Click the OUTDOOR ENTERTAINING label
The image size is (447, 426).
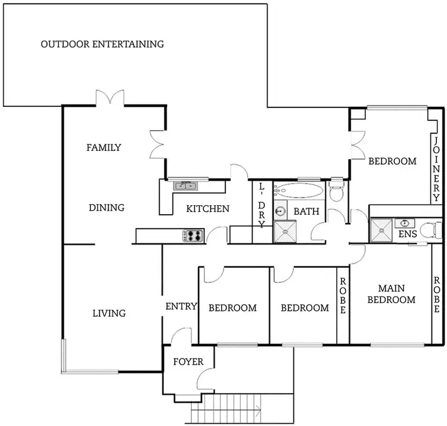[102, 44]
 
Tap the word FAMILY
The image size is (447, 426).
[104, 147]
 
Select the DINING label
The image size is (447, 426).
[107, 208]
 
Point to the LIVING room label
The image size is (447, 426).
[109, 313]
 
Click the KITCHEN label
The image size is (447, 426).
[208, 209]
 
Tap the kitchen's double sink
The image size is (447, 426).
[184, 186]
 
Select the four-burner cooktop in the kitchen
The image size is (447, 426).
[193, 236]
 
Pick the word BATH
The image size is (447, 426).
[306, 211]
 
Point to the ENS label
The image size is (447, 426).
[408, 234]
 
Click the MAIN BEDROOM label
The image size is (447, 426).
[391, 294]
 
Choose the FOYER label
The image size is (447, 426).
[188, 362]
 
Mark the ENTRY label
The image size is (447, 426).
[181, 307]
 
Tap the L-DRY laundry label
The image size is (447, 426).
[262, 205]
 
